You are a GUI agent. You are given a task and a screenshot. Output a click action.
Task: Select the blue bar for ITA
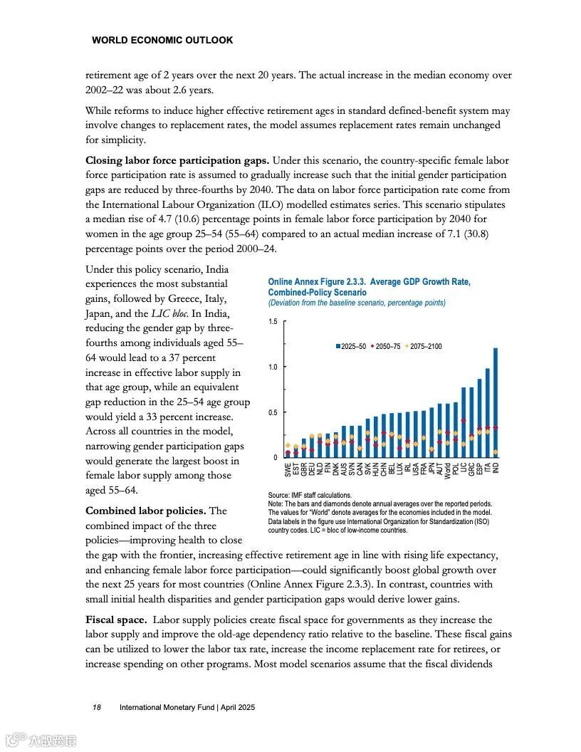pos(488,413)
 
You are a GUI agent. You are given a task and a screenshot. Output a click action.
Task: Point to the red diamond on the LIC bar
pos(464,421)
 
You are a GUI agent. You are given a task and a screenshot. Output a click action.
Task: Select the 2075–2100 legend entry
pos(425,346)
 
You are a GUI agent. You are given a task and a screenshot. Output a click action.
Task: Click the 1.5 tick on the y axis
pos(273,322)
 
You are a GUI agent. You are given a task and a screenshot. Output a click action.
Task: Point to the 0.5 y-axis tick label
pos(273,412)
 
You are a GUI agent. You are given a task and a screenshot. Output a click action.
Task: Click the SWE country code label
pos(288,470)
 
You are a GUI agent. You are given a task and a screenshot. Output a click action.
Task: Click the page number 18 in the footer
pos(97,707)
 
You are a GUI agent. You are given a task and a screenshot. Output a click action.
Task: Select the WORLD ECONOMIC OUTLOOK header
pos(162,41)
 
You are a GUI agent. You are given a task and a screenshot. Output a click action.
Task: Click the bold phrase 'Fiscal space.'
pos(116,620)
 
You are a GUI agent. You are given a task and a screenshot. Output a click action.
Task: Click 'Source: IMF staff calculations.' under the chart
pos(310,495)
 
